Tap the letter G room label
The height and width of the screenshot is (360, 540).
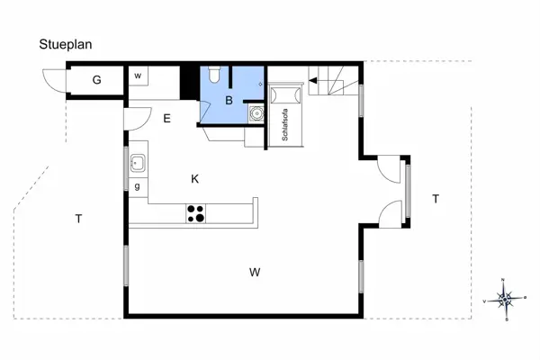pos(96,81)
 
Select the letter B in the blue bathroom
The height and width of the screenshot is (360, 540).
pos(229,101)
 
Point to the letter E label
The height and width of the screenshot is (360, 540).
pos(166,118)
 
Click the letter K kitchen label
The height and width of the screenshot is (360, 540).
pos(194,179)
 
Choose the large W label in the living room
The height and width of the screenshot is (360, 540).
pos(255,271)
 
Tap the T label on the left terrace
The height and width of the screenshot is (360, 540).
pos(78,219)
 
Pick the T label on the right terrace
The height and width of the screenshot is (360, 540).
pos(435,198)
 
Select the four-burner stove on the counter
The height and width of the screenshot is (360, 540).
pos(196,213)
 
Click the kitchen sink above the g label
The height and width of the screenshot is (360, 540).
pos(139,164)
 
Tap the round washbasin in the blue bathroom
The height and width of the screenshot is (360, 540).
pos(256,114)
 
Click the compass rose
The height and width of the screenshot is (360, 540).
pos(506,299)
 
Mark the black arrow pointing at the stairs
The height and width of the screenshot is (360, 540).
pos(314,81)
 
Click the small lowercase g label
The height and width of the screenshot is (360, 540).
pos(137,186)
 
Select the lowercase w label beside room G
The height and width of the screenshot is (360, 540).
pos(138,76)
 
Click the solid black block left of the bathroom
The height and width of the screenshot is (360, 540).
pos(188,83)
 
